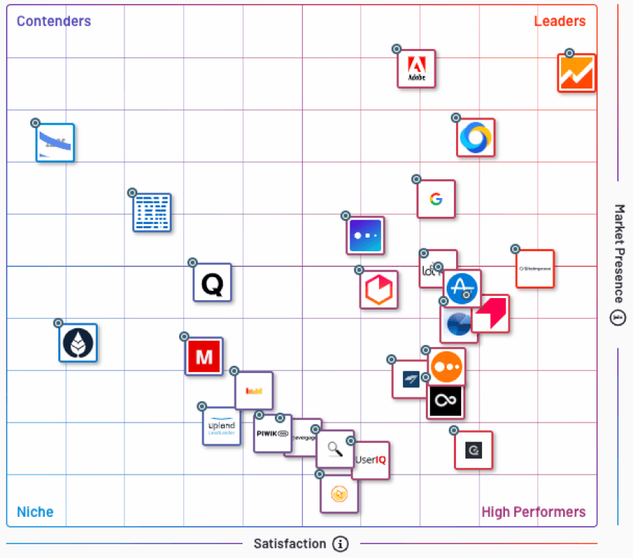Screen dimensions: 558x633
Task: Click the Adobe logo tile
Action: point(416,69)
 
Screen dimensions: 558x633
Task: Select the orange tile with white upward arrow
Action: point(577,73)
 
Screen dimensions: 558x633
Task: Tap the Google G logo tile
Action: point(436,199)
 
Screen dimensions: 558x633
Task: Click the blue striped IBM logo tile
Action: point(152,212)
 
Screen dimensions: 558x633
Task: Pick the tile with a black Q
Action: point(212,282)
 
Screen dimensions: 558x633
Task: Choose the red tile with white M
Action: point(204,356)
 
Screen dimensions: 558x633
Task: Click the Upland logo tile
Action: point(222,426)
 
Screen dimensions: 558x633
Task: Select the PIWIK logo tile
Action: point(272,433)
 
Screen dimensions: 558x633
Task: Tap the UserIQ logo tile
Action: point(371,460)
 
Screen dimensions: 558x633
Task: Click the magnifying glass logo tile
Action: point(335,449)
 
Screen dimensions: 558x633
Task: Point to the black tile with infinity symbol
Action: point(445,402)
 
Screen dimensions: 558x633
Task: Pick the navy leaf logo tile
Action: point(78,343)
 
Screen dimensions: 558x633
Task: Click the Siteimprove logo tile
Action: point(535,269)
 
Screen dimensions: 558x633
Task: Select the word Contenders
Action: point(54,21)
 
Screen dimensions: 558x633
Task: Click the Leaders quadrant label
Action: point(560,21)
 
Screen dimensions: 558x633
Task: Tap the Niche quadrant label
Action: point(35,512)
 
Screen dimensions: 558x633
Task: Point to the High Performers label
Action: point(533,512)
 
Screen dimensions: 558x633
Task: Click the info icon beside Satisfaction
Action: point(341,544)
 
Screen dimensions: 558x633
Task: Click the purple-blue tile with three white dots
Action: point(365,235)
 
